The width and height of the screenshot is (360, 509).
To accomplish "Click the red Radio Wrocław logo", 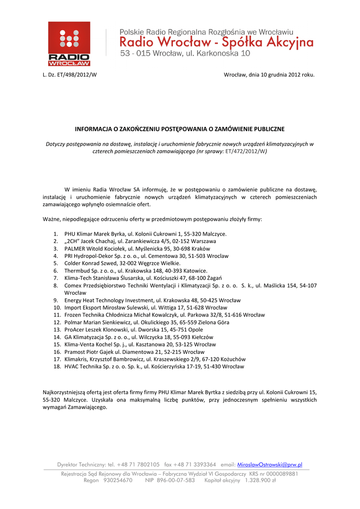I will click(69, 44).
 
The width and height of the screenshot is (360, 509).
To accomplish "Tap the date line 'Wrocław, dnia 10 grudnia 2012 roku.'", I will click(269, 75).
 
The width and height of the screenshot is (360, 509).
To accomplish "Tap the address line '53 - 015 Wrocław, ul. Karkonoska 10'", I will click(185, 53).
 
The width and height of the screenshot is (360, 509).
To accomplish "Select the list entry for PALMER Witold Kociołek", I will click(137, 249).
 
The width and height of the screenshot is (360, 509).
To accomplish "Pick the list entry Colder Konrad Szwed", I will click(122, 263).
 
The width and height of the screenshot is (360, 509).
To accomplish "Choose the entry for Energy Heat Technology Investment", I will click(152, 300).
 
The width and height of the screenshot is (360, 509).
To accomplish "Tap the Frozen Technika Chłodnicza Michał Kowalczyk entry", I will click(165, 315).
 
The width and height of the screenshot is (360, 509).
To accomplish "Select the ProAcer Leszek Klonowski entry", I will click(134, 330).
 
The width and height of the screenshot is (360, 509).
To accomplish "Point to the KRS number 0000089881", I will click(280, 474).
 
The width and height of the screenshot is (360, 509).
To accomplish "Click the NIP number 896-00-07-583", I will click(176, 481).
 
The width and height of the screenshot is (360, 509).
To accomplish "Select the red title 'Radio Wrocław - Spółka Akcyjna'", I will click(216, 42).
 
